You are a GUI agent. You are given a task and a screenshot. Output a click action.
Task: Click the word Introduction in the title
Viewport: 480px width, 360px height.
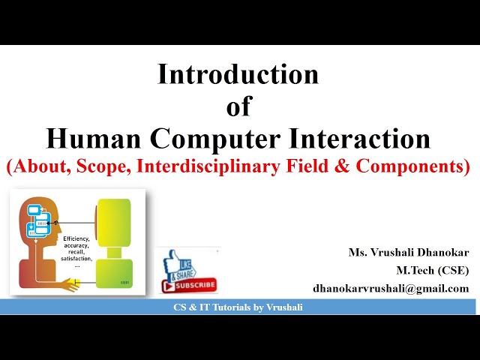(x=238, y=75)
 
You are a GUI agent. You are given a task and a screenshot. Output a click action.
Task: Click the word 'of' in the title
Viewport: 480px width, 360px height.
(x=238, y=107)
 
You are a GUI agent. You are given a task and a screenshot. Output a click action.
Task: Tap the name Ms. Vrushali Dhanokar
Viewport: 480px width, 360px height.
(x=408, y=253)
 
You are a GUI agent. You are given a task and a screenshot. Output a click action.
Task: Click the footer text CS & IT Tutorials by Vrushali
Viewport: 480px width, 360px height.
(x=238, y=307)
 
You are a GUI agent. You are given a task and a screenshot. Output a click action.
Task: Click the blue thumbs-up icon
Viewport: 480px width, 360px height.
(x=175, y=264)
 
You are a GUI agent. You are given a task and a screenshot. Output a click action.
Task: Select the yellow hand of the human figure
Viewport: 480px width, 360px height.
(x=74, y=283)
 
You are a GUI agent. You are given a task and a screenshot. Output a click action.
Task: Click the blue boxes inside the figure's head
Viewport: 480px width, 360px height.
(x=38, y=220)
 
